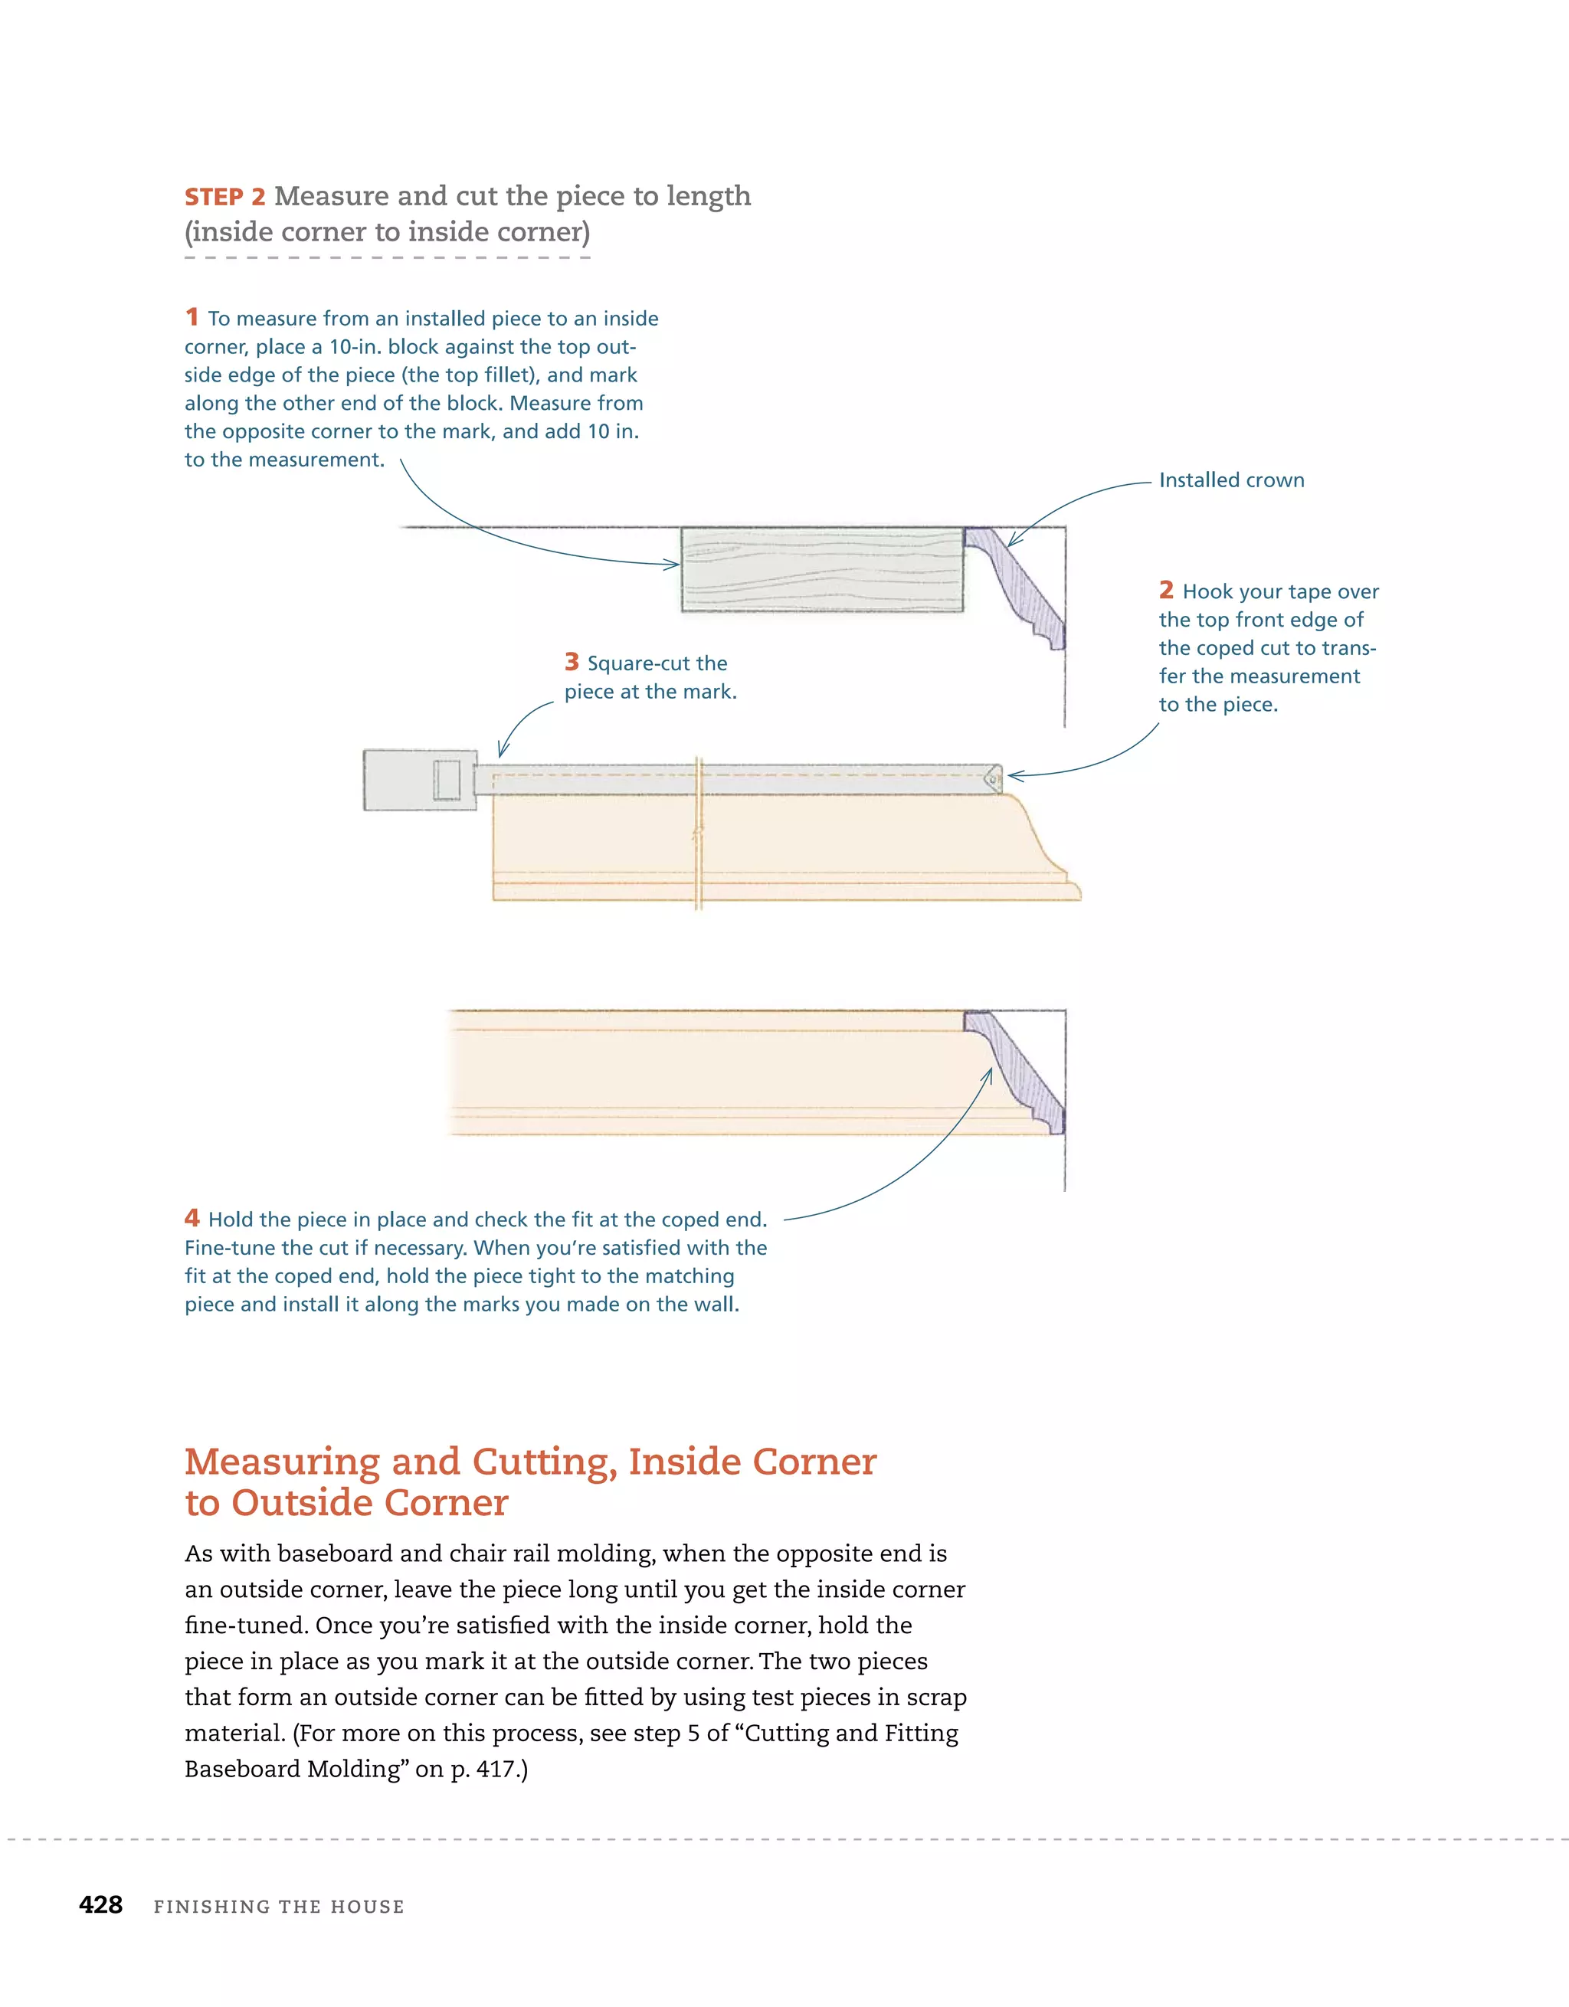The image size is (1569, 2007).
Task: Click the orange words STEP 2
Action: [225, 198]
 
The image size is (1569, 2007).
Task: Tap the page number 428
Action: [101, 1905]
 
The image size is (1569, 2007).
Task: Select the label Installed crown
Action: [1230, 480]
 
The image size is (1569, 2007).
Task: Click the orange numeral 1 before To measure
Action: [192, 318]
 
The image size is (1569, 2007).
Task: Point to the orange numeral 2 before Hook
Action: [1165, 590]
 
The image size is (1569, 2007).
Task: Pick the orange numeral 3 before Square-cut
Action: [572, 663]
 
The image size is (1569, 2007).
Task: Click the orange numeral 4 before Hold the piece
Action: [192, 1219]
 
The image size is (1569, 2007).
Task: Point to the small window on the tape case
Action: [447, 780]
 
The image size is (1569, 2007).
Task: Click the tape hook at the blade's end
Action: [994, 779]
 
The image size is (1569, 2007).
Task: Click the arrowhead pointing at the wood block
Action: [673, 565]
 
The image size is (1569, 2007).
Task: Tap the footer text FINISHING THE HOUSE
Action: [279, 1907]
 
